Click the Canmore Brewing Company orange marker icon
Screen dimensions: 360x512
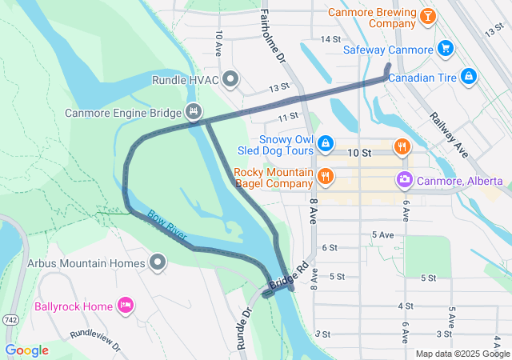click(x=429, y=17)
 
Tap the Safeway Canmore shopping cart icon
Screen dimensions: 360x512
click(x=446, y=49)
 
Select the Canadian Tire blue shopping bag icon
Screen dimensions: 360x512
click(x=470, y=77)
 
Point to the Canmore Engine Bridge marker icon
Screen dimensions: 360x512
click(x=193, y=111)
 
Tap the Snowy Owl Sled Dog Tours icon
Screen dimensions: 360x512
click(x=326, y=143)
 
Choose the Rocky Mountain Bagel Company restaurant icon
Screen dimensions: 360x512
click(x=325, y=176)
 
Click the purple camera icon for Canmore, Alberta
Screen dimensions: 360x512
click(x=406, y=179)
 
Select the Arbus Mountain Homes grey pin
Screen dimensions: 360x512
click(x=158, y=262)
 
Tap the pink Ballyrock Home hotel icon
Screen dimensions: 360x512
click(x=125, y=306)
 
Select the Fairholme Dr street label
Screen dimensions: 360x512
click(x=271, y=35)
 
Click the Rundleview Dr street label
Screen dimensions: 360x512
click(x=94, y=342)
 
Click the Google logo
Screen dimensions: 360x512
click(x=26, y=350)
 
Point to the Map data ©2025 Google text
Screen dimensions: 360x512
click(x=462, y=354)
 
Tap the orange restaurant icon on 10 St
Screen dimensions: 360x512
click(x=402, y=146)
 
